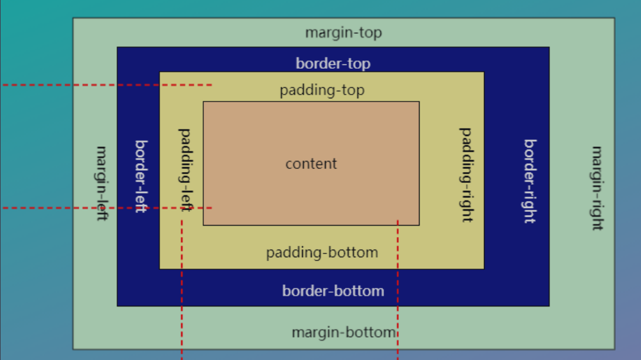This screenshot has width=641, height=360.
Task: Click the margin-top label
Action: coord(343,33)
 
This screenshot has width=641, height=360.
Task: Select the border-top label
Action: coord(332,64)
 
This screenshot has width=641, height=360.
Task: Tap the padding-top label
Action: coord(322,90)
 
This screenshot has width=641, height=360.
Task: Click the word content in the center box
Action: coord(311,164)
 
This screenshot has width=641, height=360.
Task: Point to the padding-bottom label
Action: coord(322,253)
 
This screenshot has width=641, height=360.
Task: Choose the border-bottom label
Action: coord(332,291)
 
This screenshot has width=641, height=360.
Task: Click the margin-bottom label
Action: coord(344,332)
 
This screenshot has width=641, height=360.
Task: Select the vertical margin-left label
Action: coord(102,183)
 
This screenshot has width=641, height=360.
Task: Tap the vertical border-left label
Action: coord(140,176)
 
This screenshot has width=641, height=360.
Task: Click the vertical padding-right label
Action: coord(466,175)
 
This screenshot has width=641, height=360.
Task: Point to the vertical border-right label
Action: coord(529,181)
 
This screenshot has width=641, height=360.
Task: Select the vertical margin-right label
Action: coord(597,188)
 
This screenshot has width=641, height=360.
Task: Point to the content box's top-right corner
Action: coord(419,102)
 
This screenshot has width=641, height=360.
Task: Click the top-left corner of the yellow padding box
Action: coord(160,73)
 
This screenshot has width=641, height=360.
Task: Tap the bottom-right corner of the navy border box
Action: coord(549,306)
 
